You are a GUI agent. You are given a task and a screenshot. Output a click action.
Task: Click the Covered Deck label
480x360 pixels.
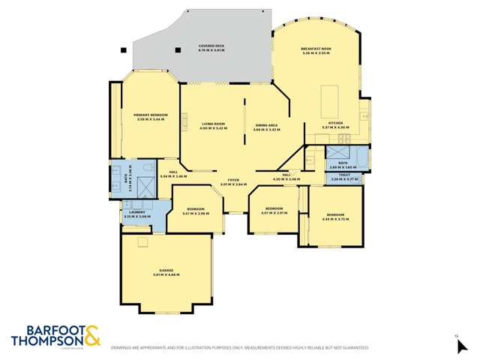tap(211, 47)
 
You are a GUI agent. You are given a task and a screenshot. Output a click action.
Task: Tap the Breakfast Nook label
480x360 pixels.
tap(316, 50)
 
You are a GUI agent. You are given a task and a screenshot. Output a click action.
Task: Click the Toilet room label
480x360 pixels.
tap(343, 178)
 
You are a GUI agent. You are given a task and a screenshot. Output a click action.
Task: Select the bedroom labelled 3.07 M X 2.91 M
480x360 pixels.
tap(274, 210)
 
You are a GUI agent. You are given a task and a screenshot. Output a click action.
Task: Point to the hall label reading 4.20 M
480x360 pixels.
tap(286, 178)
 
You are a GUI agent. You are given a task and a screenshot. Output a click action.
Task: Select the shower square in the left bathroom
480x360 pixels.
tap(143, 169)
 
